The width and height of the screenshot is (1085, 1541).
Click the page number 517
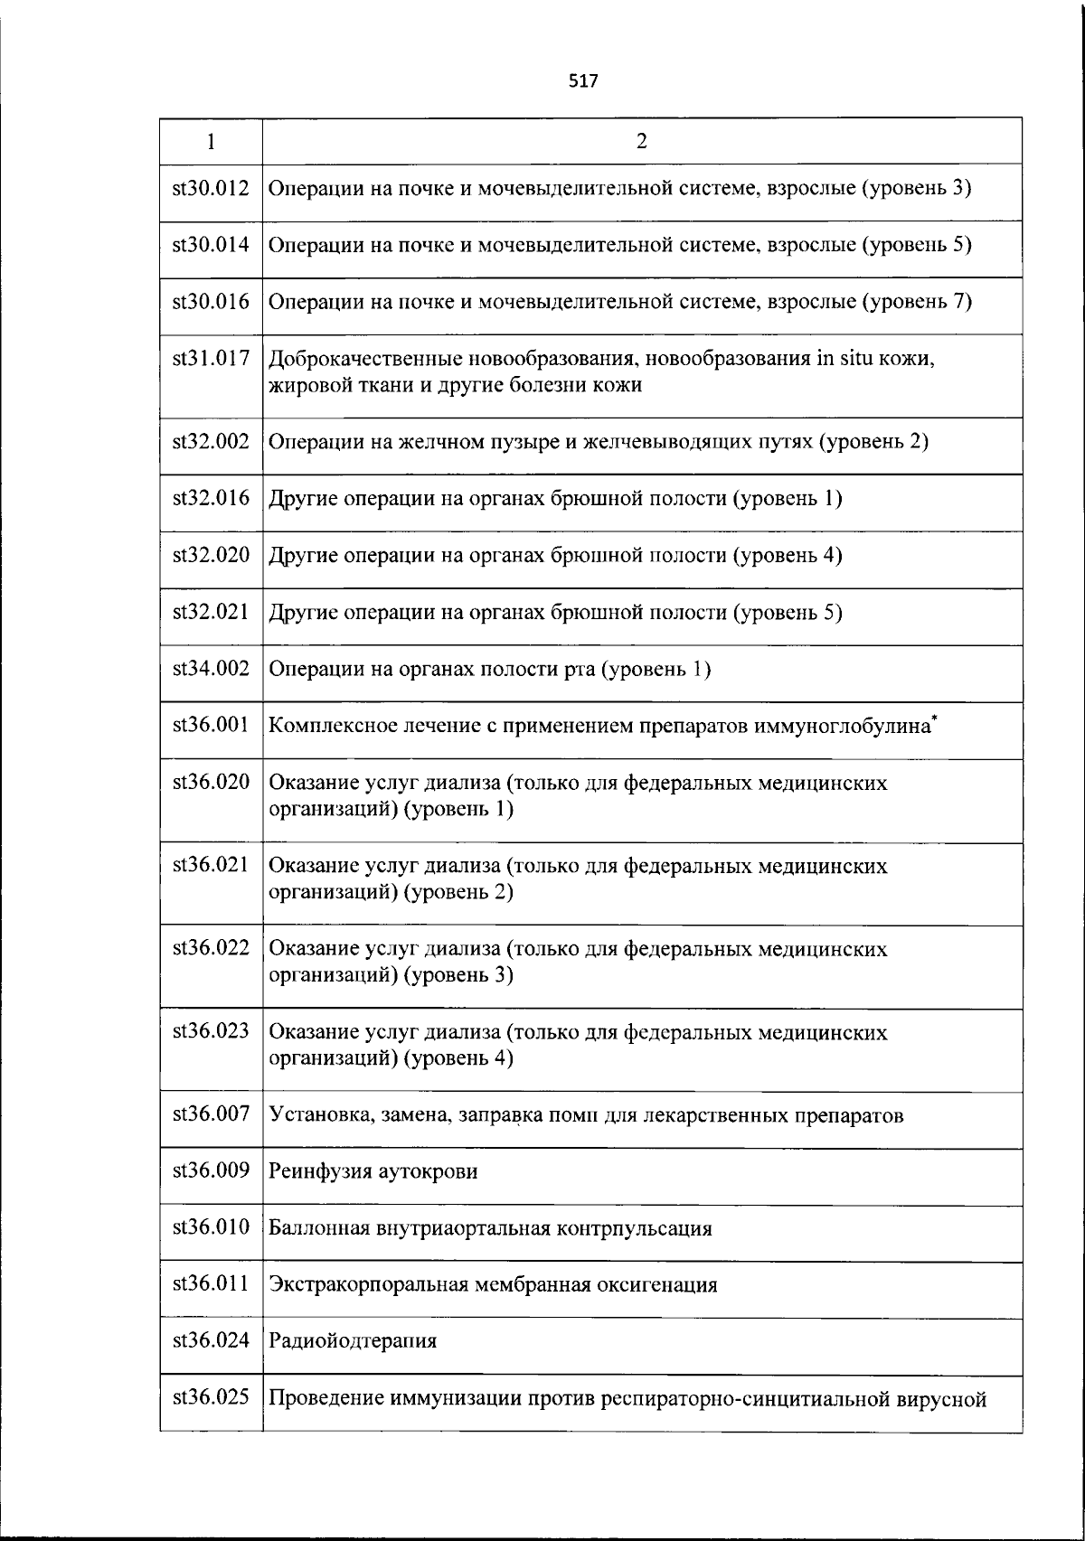click(x=583, y=81)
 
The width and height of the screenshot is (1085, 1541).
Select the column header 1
click(x=211, y=141)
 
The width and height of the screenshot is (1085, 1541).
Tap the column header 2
click(x=642, y=141)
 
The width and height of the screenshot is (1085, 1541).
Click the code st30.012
click(x=211, y=189)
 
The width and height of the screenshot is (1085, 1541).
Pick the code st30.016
click(x=211, y=302)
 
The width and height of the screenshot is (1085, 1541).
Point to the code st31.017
click(x=211, y=359)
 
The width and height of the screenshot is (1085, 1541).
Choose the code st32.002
click(x=211, y=442)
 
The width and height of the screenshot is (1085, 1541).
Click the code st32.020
click(x=211, y=555)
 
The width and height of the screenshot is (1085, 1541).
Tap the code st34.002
click(x=211, y=669)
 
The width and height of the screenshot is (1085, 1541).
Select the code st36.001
click(x=211, y=725)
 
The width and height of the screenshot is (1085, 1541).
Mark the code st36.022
click(x=211, y=948)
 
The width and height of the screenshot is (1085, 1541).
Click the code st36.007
click(x=211, y=1114)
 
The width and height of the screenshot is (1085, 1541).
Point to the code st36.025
click(x=211, y=1398)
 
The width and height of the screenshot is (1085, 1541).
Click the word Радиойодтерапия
click(x=353, y=1341)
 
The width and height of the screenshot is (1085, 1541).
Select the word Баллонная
click(x=318, y=1229)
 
